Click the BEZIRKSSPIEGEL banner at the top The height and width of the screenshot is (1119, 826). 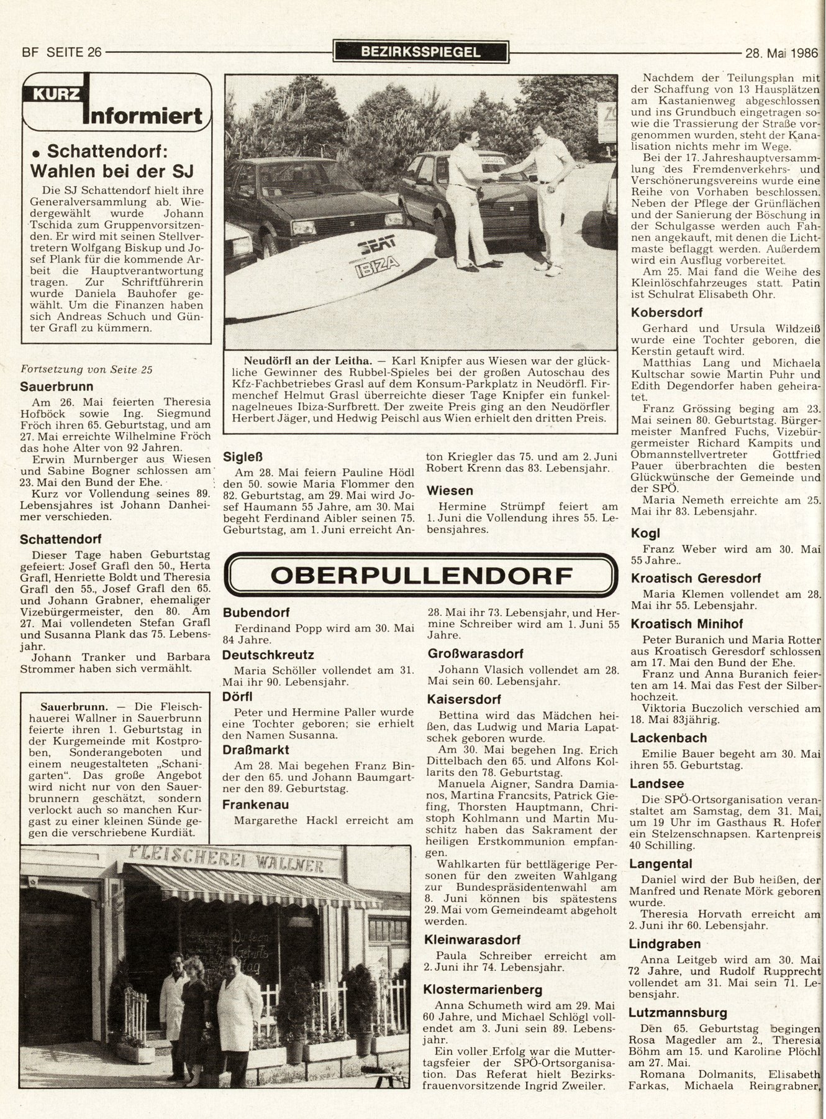pyautogui.click(x=420, y=52)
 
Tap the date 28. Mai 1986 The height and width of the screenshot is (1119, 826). pyautogui.click(x=781, y=52)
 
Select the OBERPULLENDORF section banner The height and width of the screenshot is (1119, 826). pyautogui.click(x=422, y=576)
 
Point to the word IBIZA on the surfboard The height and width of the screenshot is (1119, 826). pyautogui.click(x=377, y=269)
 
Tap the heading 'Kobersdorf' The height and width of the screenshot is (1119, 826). pyautogui.click(x=666, y=312)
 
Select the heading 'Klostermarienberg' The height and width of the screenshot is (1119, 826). pyautogui.click(x=483, y=989)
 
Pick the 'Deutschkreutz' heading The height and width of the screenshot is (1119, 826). pyautogui.click(x=268, y=655)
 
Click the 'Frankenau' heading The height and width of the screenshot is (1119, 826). pyautogui.click(x=255, y=804)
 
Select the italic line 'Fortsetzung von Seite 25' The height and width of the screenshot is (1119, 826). pyautogui.click(x=87, y=369)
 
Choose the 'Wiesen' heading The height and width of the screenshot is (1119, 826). pyautogui.click(x=450, y=490)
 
